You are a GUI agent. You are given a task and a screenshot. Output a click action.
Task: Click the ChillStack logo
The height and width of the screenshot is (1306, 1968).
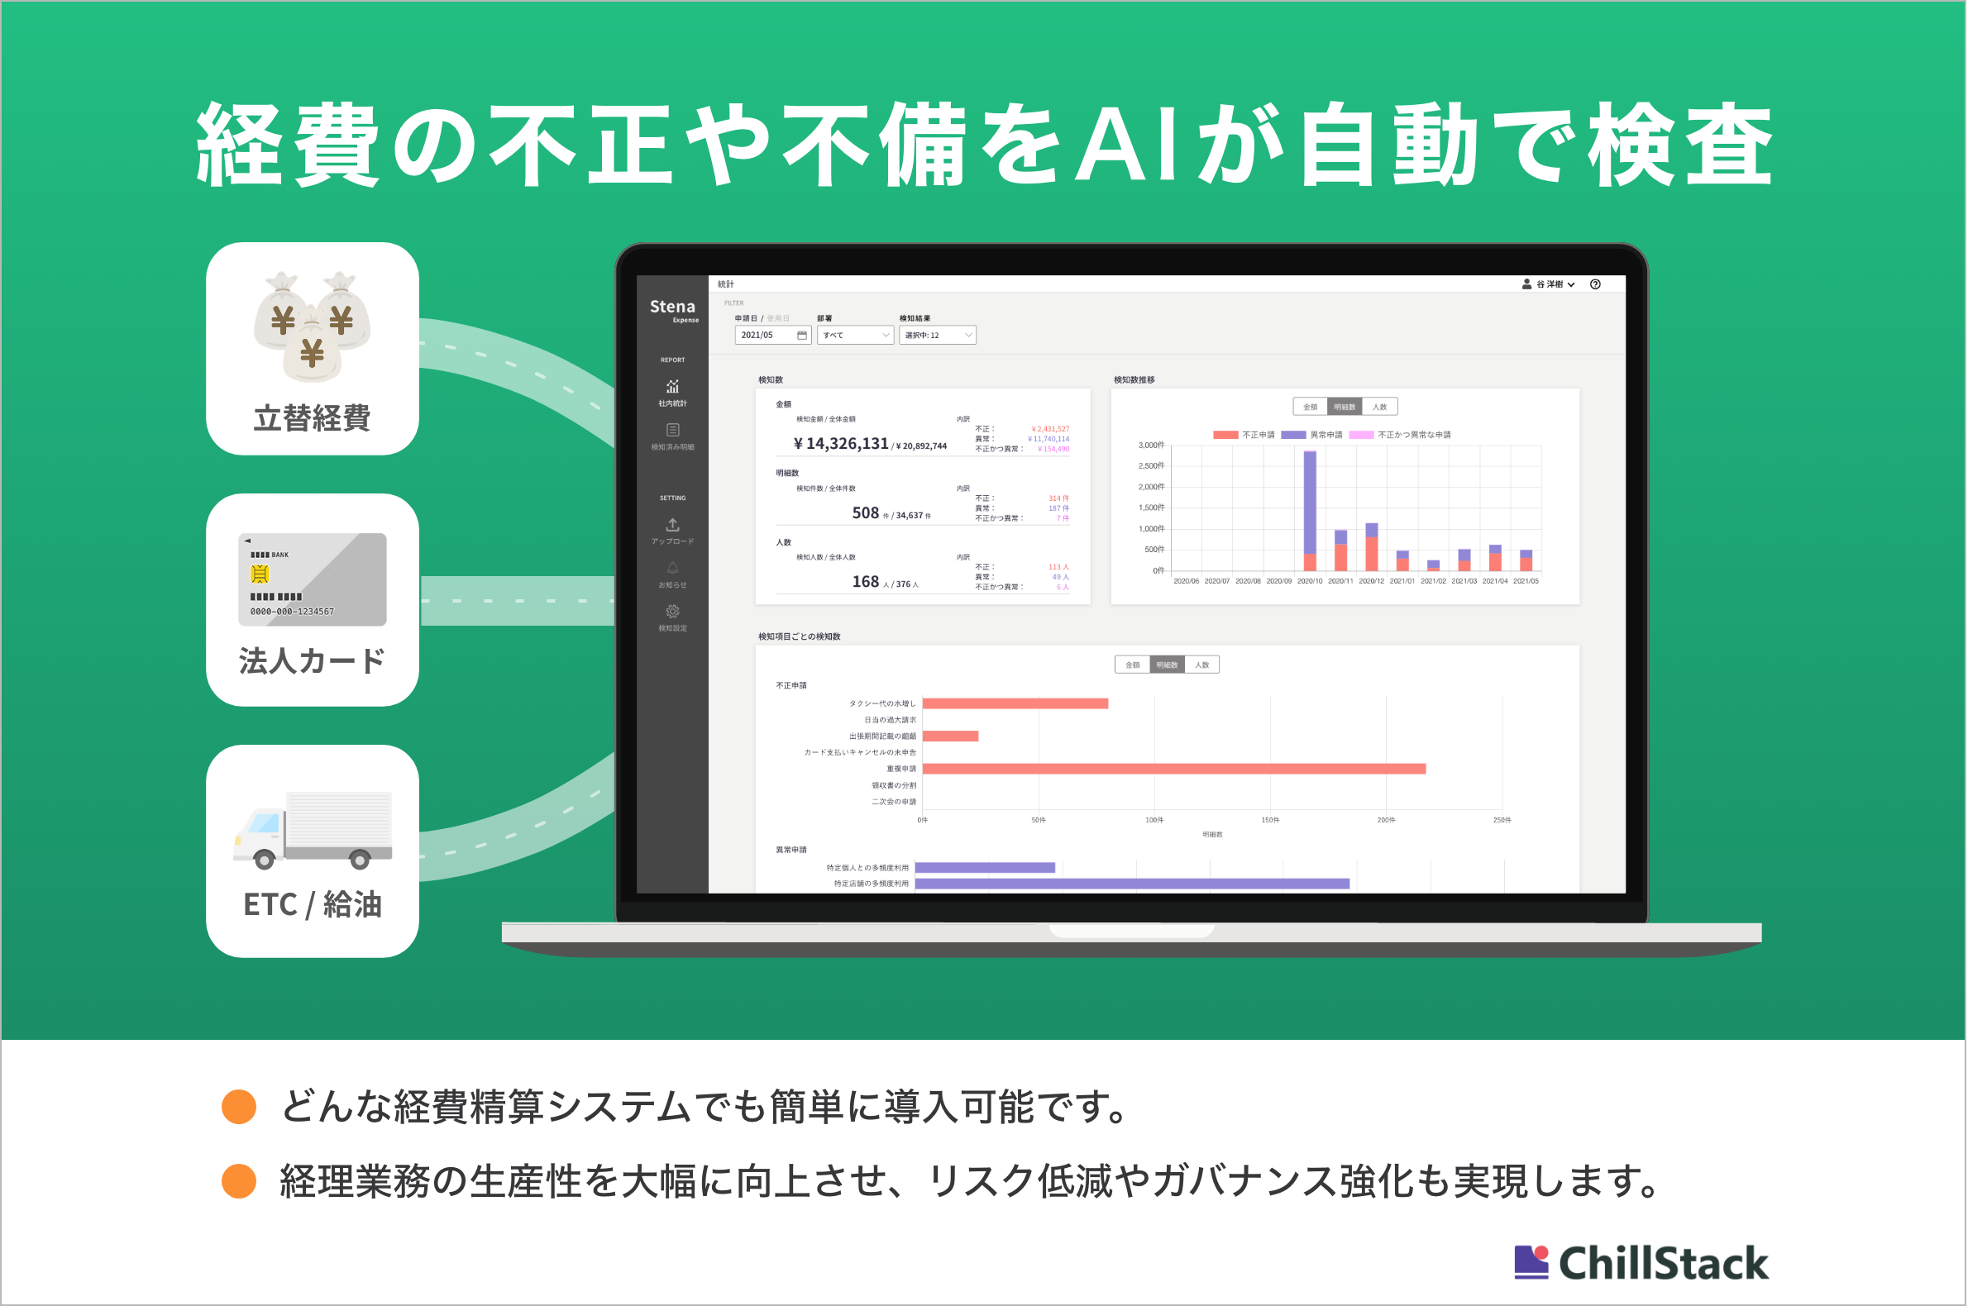[x=1641, y=1263]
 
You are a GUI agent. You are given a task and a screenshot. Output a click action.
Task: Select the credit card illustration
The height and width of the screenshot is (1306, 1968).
[x=312, y=579]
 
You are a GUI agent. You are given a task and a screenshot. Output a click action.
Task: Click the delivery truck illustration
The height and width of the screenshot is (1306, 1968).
[x=312, y=830]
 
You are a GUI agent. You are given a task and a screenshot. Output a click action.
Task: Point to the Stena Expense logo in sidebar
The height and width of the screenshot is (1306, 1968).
[x=673, y=310]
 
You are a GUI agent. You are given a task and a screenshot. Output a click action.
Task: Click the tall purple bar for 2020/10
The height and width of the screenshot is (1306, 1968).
[x=1310, y=503]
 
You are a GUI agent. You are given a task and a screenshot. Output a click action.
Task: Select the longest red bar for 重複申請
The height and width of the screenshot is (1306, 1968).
[x=1173, y=769]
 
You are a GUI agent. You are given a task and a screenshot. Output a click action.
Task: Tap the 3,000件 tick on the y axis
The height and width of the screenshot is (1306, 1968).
[x=1151, y=446]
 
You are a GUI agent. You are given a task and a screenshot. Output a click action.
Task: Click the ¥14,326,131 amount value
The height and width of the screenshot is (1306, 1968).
[x=841, y=444]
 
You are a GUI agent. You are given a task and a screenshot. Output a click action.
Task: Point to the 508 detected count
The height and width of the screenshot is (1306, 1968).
[x=865, y=513]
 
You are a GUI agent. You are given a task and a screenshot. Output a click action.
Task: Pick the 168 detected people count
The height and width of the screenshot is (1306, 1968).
[x=865, y=581]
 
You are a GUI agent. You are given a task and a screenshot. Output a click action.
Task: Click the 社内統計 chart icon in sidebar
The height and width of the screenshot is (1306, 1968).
[x=672, y=387]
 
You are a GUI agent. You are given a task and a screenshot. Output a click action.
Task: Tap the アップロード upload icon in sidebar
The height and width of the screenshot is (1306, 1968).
[x=672, y=525]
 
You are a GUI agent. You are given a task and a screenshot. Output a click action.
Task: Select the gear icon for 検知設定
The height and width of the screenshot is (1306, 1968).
[x=672, y=612]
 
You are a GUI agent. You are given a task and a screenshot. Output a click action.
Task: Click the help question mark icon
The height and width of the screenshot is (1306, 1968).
[x=1595, y=284]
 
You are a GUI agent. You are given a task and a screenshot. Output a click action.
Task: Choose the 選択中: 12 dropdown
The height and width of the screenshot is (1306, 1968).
[x=937, y=335]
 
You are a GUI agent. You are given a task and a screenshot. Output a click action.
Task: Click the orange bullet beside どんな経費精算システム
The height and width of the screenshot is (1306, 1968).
[x=239, y=1107]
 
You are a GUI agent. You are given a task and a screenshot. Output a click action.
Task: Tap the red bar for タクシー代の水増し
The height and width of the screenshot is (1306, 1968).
[x=1015, y=703]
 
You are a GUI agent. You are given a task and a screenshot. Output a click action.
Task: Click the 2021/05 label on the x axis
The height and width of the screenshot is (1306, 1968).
[x=1526, y=581]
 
